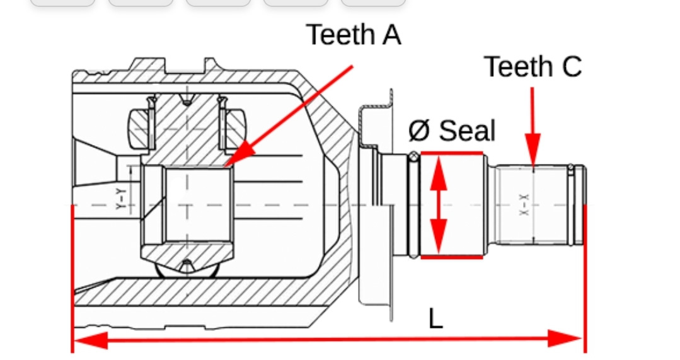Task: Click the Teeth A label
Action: point(354,35)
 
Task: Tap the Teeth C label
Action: point(533,67)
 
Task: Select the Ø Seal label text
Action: point(451,131)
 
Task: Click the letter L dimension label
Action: point(435,318)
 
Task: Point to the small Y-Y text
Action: point(121,199)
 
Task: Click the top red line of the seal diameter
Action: point(451,153)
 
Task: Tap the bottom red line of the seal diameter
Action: point(451,257)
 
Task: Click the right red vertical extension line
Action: point(585,277)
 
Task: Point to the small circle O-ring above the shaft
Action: point(413,157)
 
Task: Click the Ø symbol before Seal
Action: point(419,131)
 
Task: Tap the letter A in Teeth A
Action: point(391,35)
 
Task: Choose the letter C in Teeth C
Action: point(571,67)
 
